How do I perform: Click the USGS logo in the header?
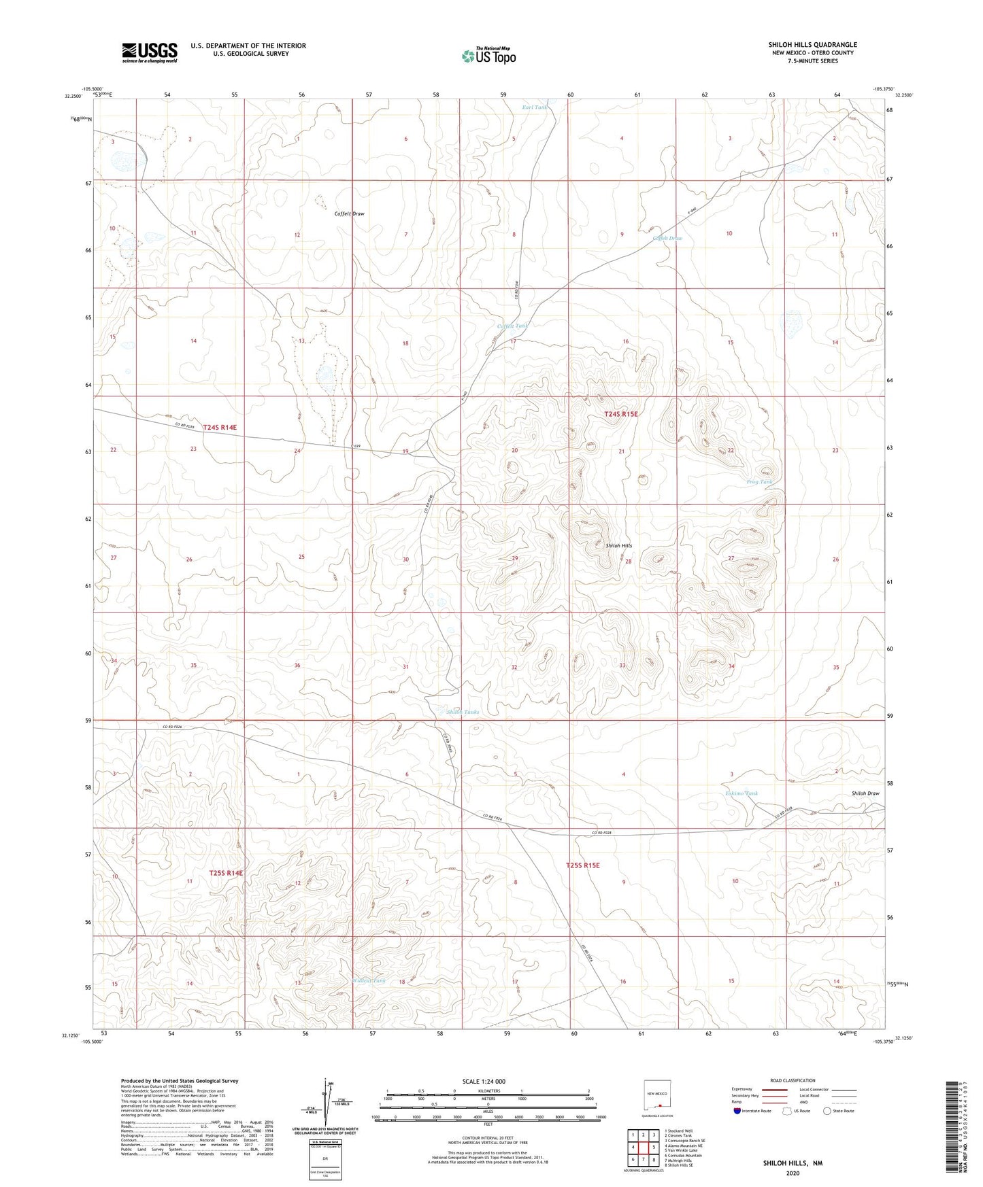[x=149, y=52]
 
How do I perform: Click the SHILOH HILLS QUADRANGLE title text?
[x=812, y=45]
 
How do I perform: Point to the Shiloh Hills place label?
[x=618, y=546]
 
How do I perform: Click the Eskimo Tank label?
[x=741, y=793]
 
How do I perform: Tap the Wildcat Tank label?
[x=369, y=981]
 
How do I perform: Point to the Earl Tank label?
[x=534, y=107]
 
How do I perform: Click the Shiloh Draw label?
[x=865, y=793]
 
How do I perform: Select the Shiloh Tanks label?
[x=463, y=712]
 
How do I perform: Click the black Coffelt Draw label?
[x=349, y=213]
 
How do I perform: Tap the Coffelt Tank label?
[x=512, y=326]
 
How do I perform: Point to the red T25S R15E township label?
[x=583, y=865]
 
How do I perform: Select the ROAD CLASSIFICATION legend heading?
[x=793, y=1080]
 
